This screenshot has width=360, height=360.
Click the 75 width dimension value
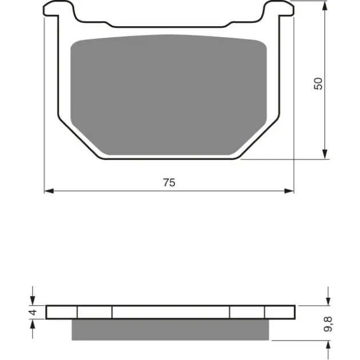pyautogui.click(x=169, y=182)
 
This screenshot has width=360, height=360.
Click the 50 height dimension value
pyautogui.click(x=318, y=84)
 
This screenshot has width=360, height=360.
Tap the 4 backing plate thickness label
pyautogui.click(x=34, y=312)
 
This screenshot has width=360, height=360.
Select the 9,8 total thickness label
pyautogui.click(x=328, y=324)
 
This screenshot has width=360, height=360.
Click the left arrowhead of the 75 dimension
pyautogui.click(x=49, y=191)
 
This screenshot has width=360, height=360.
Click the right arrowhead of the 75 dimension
pyautogui.click(x=289, y=191)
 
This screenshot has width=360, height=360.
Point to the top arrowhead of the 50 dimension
pyautogui.click(x=325, y=6)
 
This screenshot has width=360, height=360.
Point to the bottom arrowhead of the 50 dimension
pyautogui.click(x=325, y=154)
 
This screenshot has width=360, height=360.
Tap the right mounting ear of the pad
pyautogui.click(x=279, y=9)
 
